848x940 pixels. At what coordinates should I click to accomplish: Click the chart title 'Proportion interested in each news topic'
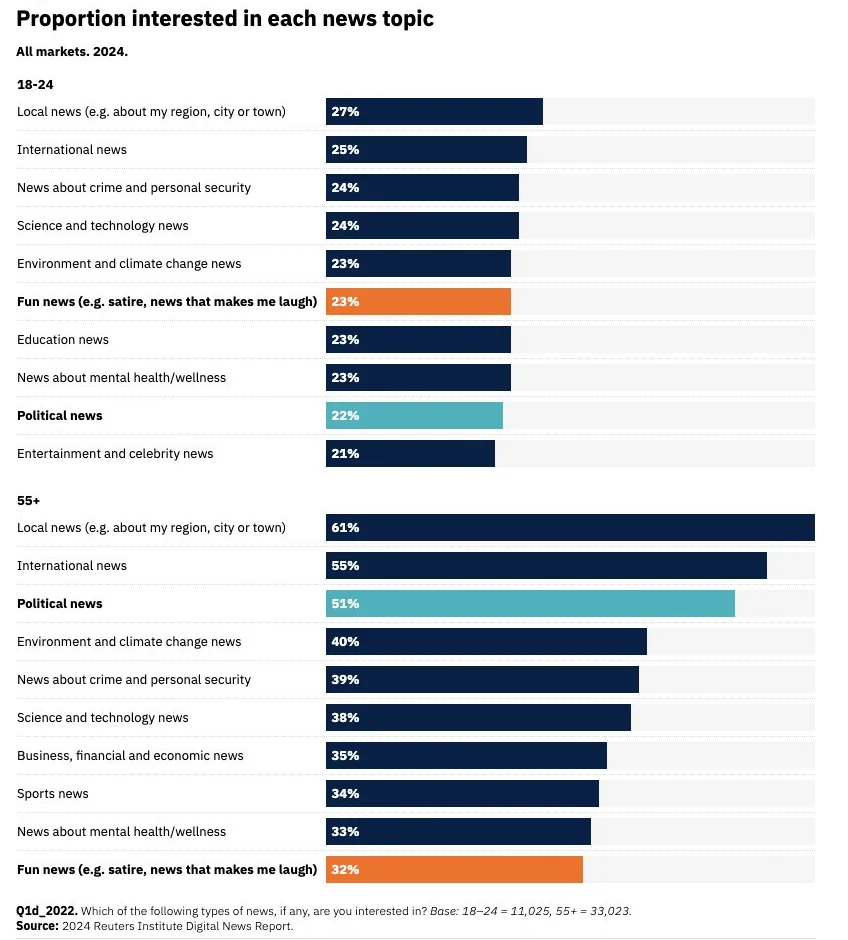tap(225, 19)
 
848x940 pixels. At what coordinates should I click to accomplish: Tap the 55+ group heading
tap(28, 500)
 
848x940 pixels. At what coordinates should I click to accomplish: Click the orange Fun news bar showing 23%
tap(418, 302)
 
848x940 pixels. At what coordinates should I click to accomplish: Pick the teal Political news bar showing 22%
tap(414, 416)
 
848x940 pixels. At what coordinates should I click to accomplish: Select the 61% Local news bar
tap(570, 528)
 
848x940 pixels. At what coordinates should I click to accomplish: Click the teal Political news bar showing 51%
tap(530, 604)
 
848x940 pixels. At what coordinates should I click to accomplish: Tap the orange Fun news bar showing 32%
tap(454, 870)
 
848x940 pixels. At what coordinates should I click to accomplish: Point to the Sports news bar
tap(462, 794)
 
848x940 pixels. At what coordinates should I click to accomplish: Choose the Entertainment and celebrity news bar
tap(410, 454)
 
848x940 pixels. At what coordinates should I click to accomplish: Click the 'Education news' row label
tap(63, 340)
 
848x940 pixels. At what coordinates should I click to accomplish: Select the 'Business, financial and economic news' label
tap(130, 756)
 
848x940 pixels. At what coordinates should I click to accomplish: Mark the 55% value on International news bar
tap(345, 566)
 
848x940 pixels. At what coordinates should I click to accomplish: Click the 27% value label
tap(345, 112)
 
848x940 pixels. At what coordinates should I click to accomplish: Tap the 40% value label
tap(345, 642)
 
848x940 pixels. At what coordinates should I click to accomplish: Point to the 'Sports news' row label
tap(53, 794)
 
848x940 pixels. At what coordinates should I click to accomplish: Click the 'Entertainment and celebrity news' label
tap(115, 454)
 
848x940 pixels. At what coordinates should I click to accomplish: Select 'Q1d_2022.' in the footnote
tap(46, 911)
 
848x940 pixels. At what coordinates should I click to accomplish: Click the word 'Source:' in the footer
tap(38, 925)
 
